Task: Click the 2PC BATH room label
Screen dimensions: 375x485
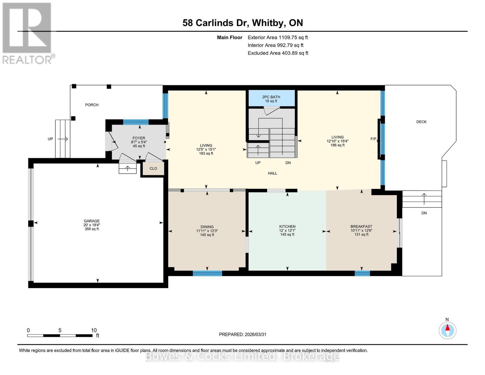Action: coord(271,97)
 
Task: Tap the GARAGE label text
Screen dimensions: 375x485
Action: coord(92,221)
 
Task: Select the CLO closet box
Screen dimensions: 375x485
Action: coord(153,168)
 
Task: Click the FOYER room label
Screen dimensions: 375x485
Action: coord(139,138)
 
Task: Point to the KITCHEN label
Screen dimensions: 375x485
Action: coord(287,227)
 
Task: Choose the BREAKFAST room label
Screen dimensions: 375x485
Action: coord(361,227)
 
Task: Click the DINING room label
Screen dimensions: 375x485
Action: coord(207,227)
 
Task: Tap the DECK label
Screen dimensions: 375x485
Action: coord(421,122)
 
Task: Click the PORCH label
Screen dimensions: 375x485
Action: coord(92,105)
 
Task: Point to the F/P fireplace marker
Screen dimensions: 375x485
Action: coord(373,139)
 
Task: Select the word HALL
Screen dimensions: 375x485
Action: coord(272,173)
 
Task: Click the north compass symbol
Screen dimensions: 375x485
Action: coord(448,330)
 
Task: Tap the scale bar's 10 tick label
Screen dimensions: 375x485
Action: coord(94,330)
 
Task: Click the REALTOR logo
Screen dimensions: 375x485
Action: coord(27,33)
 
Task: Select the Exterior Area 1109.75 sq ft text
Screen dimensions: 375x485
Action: coord(278,37)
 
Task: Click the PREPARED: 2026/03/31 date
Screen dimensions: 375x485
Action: coord(243,334)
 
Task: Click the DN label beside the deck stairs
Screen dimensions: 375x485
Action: coord(424,213)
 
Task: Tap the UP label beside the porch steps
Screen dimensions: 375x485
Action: coord(50,139)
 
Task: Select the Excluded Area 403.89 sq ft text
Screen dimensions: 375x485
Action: coord(278,53)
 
